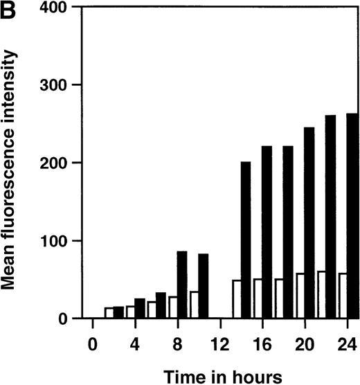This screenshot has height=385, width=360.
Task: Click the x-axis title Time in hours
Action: point(222,375)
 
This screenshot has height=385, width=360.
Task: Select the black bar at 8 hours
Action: point(182,285)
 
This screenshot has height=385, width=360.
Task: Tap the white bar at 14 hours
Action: point(236,299)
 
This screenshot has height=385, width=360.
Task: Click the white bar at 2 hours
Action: point(109,313)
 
